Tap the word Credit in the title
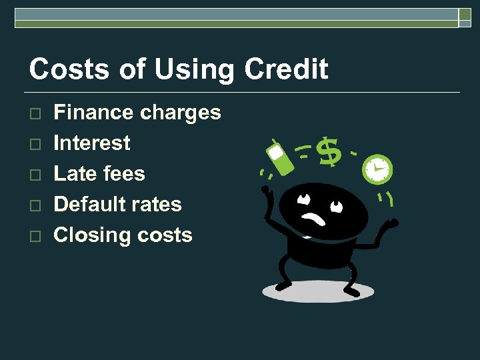tap(287, 69)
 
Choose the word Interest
tap(92, 143)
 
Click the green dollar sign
tap(328, 152)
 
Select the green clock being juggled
tap(377, 169)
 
